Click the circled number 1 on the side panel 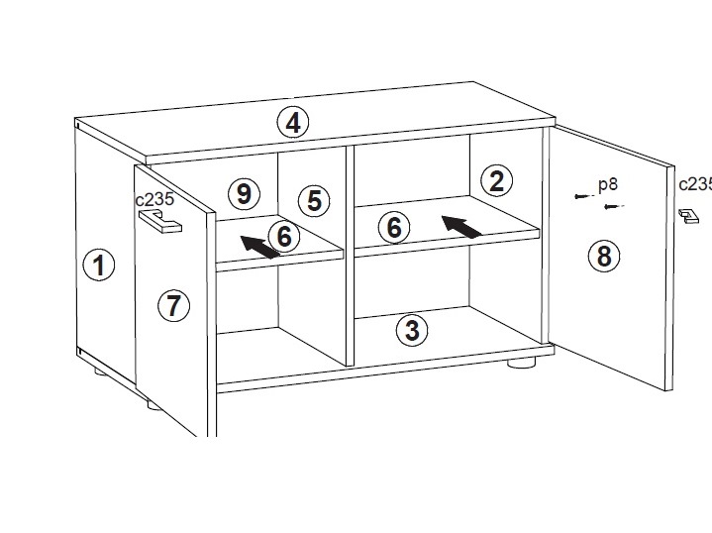click(99, 265)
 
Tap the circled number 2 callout click(497, 181)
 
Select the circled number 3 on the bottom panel click(412, 330)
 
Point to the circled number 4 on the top click(293, 123)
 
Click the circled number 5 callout click(314, 200)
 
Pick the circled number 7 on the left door click(173, 305)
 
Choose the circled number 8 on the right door click(604, 256)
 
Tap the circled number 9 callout click(244, 194)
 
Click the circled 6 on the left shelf click(284, 236)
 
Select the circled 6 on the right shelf click(394, 227)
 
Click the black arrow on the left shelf click(259, 247)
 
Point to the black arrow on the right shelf click(461, 226)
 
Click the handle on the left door click(160, 222)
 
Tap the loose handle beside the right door click(689, 217)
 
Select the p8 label click(608, 184)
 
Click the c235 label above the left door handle click(154, 199)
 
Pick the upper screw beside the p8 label click(584, 196)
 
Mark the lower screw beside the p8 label click(614, 207)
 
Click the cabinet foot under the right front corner click(521, 363)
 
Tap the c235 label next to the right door click(695, 184)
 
